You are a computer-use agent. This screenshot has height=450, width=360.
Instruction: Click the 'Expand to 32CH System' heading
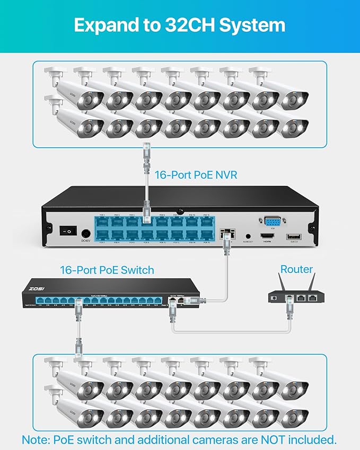point(180,25)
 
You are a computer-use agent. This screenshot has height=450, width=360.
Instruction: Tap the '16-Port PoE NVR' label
point(196,174)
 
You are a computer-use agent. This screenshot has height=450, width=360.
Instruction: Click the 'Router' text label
point(296,269)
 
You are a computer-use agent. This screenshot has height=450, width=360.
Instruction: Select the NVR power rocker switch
point(67,231)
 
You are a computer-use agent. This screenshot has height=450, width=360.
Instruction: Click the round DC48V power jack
point(85,232)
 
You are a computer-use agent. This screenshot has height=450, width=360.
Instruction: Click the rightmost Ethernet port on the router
point(316,299)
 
